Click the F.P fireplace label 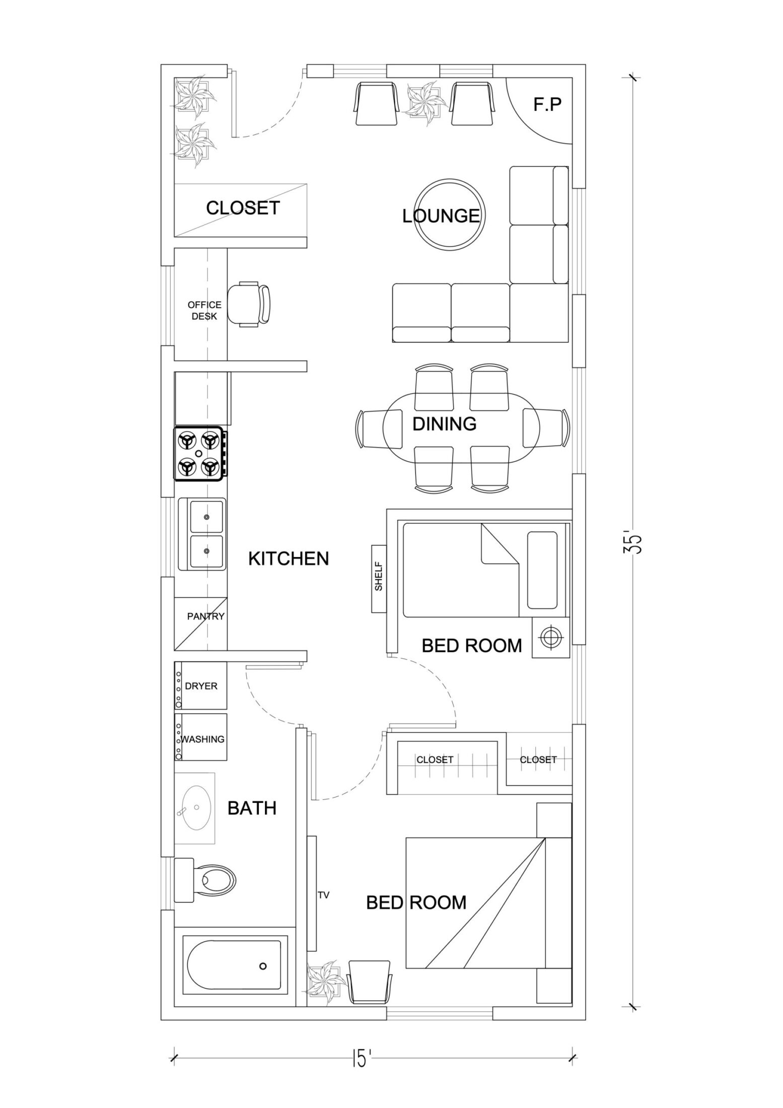click(x=547, y=105)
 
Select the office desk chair click(x=248, y=305)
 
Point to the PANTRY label click(x=205, y=616)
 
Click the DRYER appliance click(x=201, y=686)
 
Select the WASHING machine click(x=202, y=739)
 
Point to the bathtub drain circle click(x=262, y=966)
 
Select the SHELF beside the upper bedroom click(x=379, y=579)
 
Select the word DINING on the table click(x=444, y=424)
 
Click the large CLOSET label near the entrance click(x=243, y=207)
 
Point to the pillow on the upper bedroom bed click(x=542, y=570)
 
